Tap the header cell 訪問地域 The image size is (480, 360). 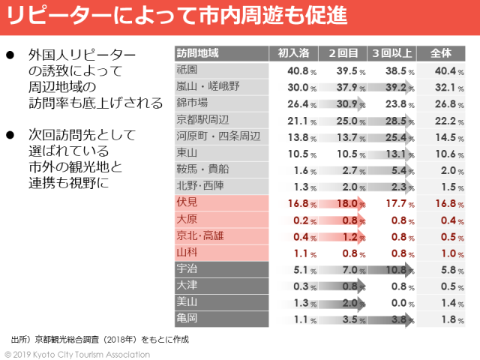(x=198, y=54)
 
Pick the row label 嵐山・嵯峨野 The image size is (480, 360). (x=208, y=87)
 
